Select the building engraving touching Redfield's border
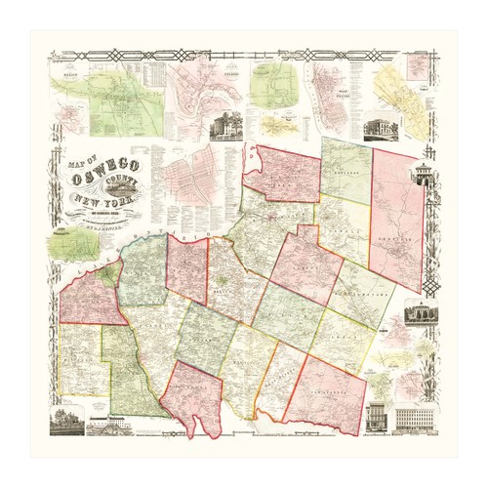pos(422,176)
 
